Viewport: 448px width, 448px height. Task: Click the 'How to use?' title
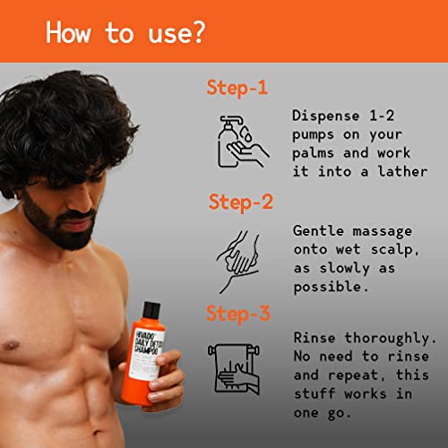pos(125,32)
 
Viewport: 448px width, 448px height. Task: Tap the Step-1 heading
pos(237,88)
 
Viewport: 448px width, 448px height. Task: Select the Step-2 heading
pos(241,202)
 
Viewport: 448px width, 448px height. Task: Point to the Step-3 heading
pos(238,314)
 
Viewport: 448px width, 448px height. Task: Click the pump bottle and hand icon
pos(243,142)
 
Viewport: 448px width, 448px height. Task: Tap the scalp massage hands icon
pos(238,262)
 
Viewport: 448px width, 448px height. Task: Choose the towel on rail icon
pos(234,369)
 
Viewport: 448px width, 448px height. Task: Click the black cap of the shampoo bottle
pos(151,311)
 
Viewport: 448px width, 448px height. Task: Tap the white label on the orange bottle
pos(147,354)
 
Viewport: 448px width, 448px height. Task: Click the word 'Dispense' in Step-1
pos(326,116)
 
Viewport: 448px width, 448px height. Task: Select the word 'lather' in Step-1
pos(402,171)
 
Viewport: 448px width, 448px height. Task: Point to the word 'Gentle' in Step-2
pos(318,231)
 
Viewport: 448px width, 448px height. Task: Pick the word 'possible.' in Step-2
pos(331,287)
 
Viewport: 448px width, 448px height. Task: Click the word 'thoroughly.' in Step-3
pos(391,339)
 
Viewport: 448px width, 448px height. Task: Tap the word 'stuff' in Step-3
pos(314,393)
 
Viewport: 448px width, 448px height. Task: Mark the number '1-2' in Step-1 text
pos(382,116)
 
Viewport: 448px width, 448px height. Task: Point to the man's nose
pos(84,201)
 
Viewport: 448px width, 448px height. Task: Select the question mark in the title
pos(198,32)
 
